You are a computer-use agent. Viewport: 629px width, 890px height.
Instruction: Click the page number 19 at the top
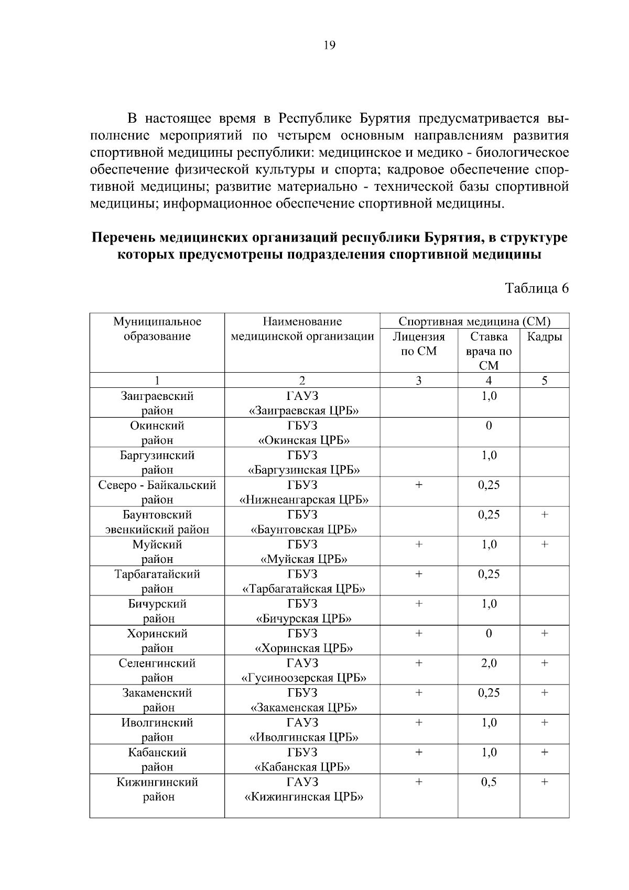click(x=329, y=45)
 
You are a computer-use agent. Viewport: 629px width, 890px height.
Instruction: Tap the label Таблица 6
click(x=536, y=288)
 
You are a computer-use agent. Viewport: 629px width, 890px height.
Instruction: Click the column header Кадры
click(x=544, y=337)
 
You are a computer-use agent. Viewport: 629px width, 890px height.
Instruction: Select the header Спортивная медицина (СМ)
click(x=474, y=321)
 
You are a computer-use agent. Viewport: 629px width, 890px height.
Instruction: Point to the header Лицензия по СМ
click(x=418, y=344)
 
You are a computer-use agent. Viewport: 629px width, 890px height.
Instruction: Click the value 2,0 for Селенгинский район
click(x=489, y=663)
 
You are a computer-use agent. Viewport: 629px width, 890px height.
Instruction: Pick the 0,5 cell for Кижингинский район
click(x=489, y=782)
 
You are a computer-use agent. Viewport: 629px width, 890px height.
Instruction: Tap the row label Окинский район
click(x=157, y=432)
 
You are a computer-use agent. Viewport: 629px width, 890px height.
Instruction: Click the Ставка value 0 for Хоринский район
click(x=489, y=633)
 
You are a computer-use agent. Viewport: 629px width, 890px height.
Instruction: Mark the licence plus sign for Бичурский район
click(x=418, y=604)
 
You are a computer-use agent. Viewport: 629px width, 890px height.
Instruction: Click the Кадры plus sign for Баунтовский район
click(x=544, y=515)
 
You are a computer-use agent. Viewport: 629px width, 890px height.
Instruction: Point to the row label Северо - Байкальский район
click(x=157, y=492)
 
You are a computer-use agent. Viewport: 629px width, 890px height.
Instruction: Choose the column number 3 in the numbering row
click(x=418, y=381)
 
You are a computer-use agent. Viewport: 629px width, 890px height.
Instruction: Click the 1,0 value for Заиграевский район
click(x=489, y=396)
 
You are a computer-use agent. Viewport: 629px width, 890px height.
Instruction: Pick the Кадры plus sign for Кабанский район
click(x=544, y=752)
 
